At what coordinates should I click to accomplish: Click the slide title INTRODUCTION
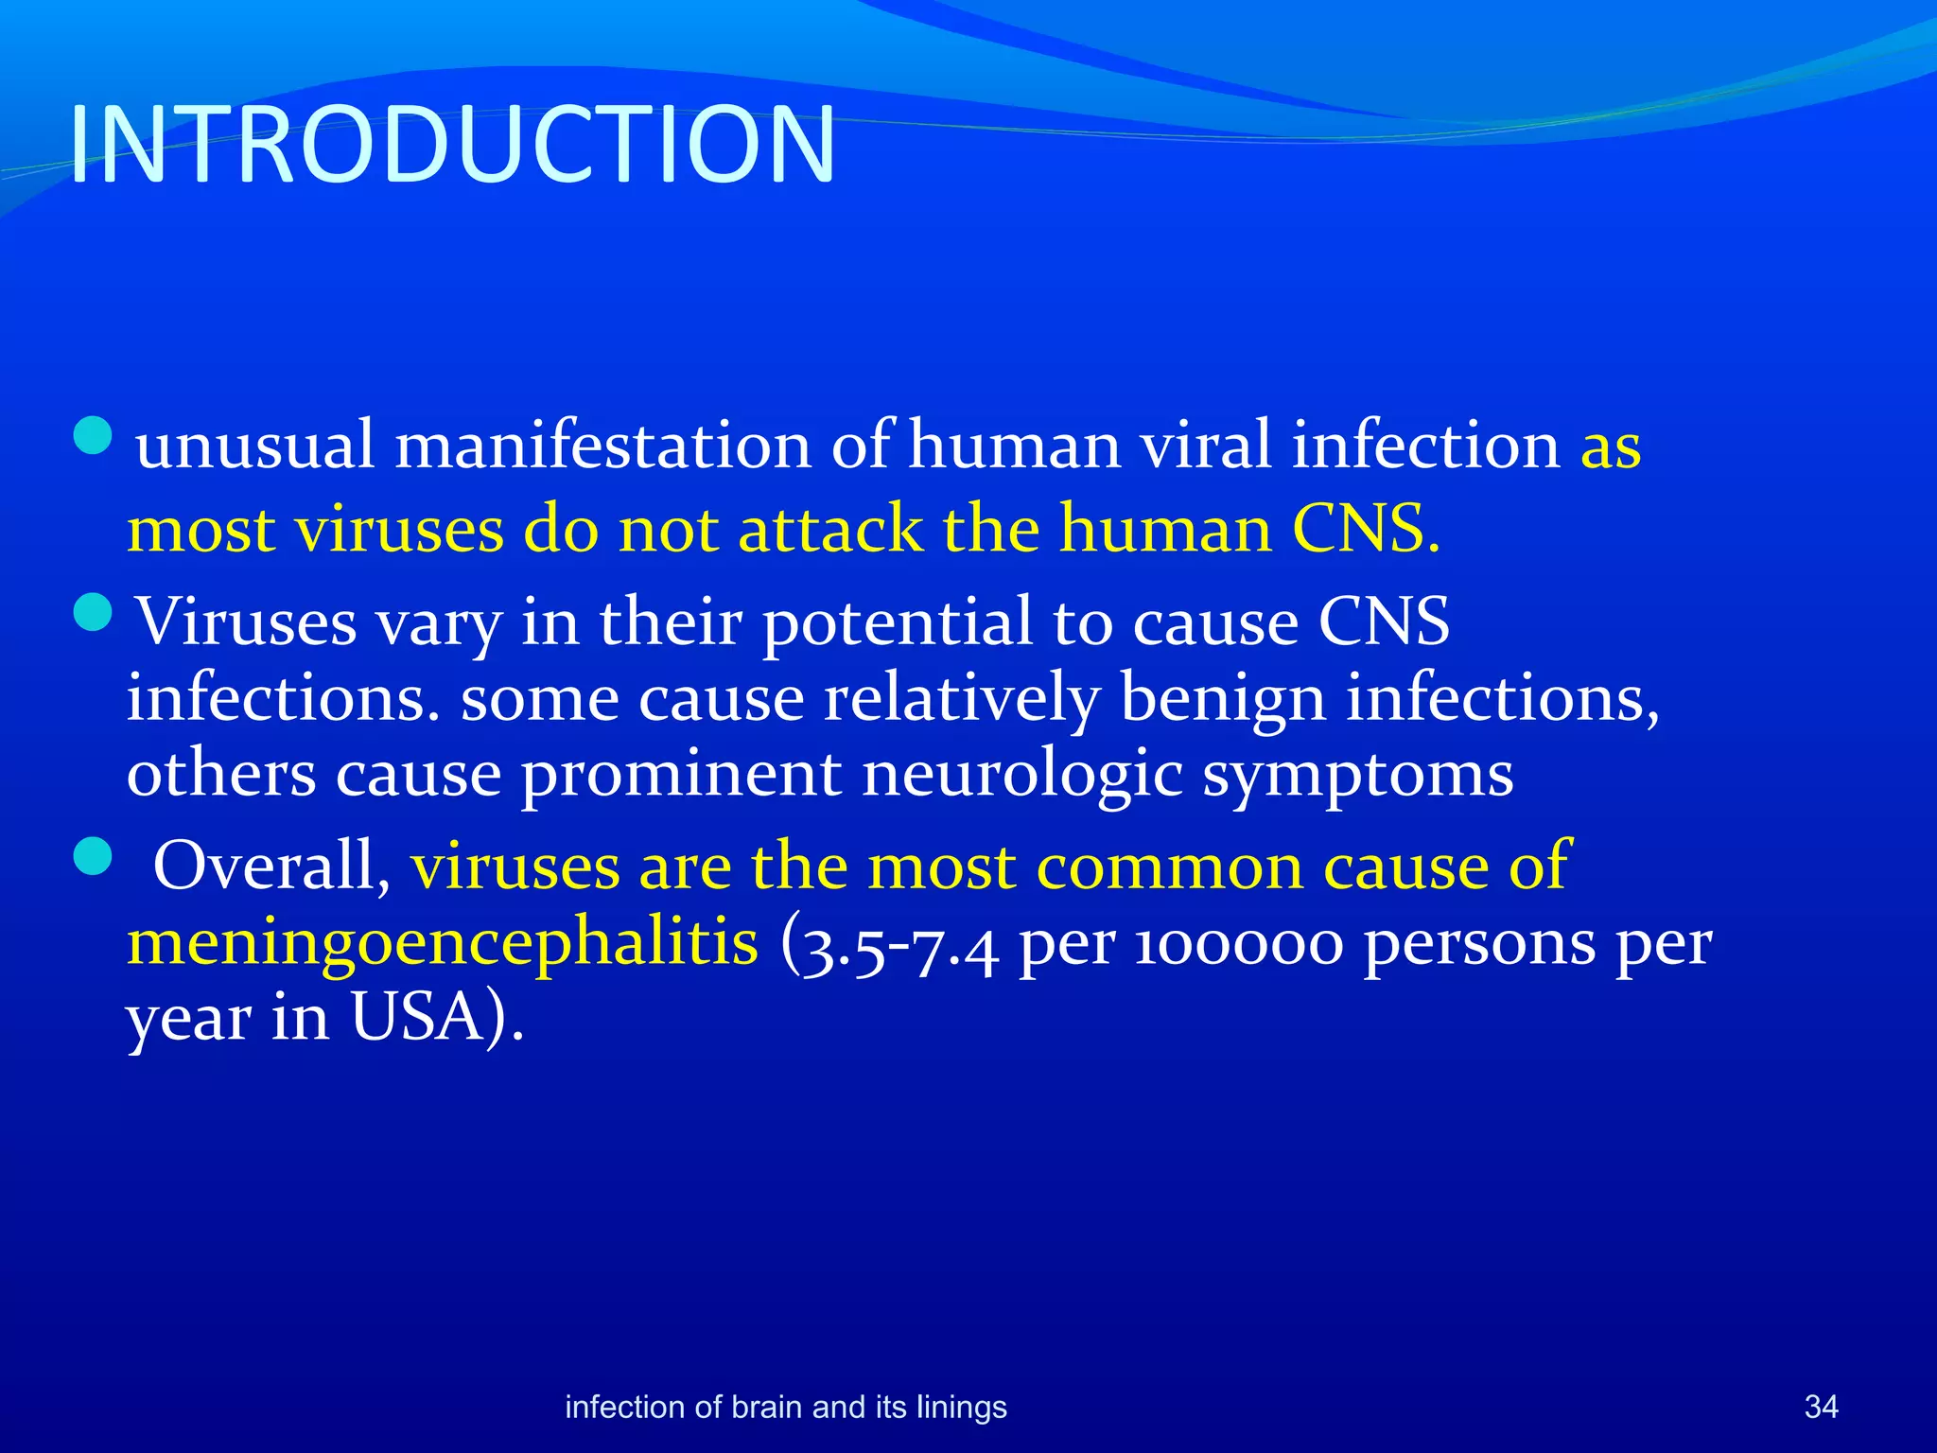pyautogui.click(x=452, y=145)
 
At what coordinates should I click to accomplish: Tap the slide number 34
pyautogui.click(x=1821, y=1407)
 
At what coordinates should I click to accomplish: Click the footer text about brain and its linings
pyautogui.click(x=785, y=1407)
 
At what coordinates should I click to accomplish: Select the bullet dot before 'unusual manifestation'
pyautogui.click(x=93, y=436)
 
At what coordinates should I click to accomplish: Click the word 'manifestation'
pyautogui.click(x=602, y=445)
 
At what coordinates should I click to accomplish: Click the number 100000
pyautogui.click(x=1237, y=944)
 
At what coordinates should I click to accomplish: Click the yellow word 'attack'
pyautogui.click(x=829, y=529)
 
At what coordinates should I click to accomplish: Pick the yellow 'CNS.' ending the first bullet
pyautogui.click(x=1366, y=529)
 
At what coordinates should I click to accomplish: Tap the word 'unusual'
pyautogui.click(x=254, y=445)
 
